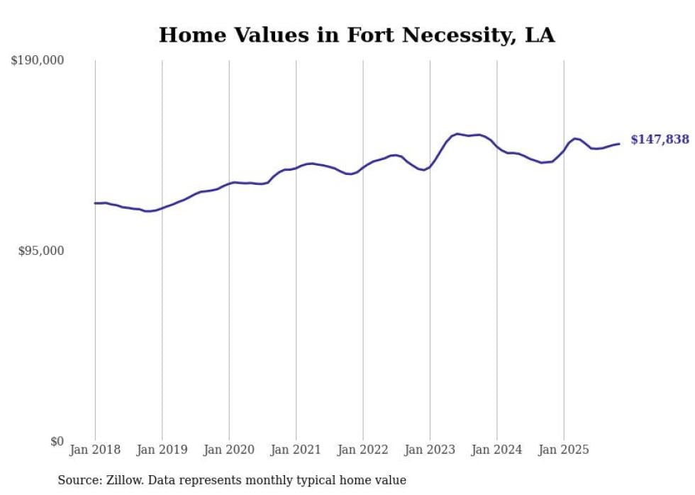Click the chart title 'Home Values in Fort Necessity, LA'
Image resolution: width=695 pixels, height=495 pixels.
[357, 35]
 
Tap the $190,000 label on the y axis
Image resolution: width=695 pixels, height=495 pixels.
[38, 61]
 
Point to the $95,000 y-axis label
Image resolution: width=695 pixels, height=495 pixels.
[41, 251]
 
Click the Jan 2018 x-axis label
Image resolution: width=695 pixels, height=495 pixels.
[95, 450]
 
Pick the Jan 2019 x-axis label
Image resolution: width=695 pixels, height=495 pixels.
[162, 450]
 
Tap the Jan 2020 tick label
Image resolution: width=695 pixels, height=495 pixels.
[229, 450]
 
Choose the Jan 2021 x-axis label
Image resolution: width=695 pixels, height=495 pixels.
[296, 450]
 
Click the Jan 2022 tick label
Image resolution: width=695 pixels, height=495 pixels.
[363, 450]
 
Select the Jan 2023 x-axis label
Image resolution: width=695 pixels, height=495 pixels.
[430, 450]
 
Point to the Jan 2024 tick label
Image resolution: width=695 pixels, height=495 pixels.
[496, 450]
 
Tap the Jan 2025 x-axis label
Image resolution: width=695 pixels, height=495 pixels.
[564, 450]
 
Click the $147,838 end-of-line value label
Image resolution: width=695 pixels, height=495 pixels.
[660, 140]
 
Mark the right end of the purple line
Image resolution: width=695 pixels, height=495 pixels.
[619, 144]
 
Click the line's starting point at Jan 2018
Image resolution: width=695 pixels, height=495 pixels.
[95, 203]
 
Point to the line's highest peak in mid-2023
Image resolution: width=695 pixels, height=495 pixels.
[458, 133]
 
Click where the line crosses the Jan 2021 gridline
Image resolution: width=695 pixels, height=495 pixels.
[296, 167]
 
